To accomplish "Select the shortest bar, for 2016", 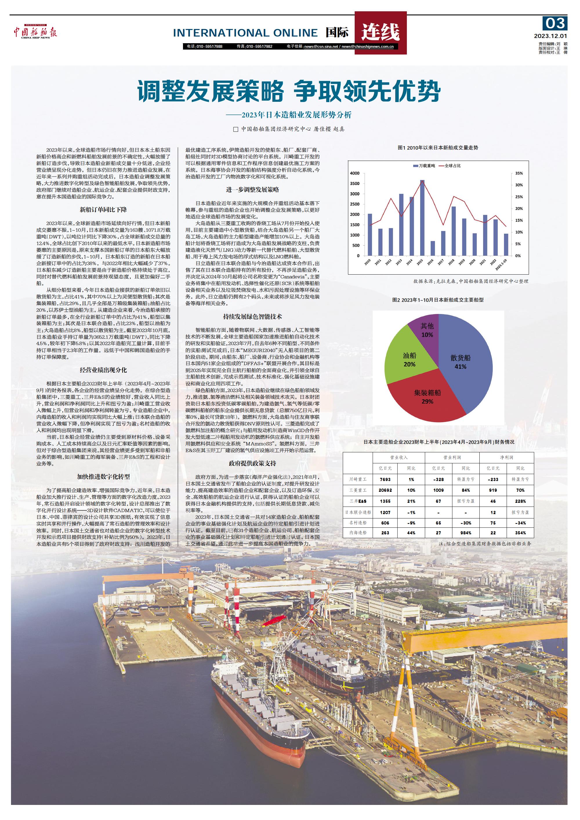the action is [x=432, y=248].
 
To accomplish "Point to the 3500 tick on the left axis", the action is [x=355, y=184].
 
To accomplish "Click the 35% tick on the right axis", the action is [x=519, y=174].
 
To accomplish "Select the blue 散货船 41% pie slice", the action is [x=464, y=361].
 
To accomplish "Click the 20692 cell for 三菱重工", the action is [x=385, y=490].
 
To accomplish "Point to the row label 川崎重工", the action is [x=358, y=479].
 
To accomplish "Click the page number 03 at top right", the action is [x=555, y=23].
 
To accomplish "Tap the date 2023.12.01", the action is [x=550, y=36].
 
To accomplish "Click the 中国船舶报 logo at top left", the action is [x=35, y=32].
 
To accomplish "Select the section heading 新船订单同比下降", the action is [x=103, y=210].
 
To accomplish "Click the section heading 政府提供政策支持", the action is [x=253, y=464].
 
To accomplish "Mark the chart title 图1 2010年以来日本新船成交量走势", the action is [x=438, y=148].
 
